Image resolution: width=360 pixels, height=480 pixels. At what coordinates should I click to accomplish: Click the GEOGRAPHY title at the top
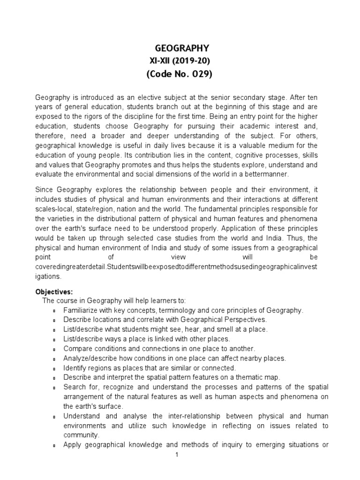coord(182,48)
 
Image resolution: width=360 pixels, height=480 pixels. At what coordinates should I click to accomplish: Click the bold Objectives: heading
coord(54,291)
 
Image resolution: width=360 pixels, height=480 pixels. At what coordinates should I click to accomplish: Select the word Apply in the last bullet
coord(72,445)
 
